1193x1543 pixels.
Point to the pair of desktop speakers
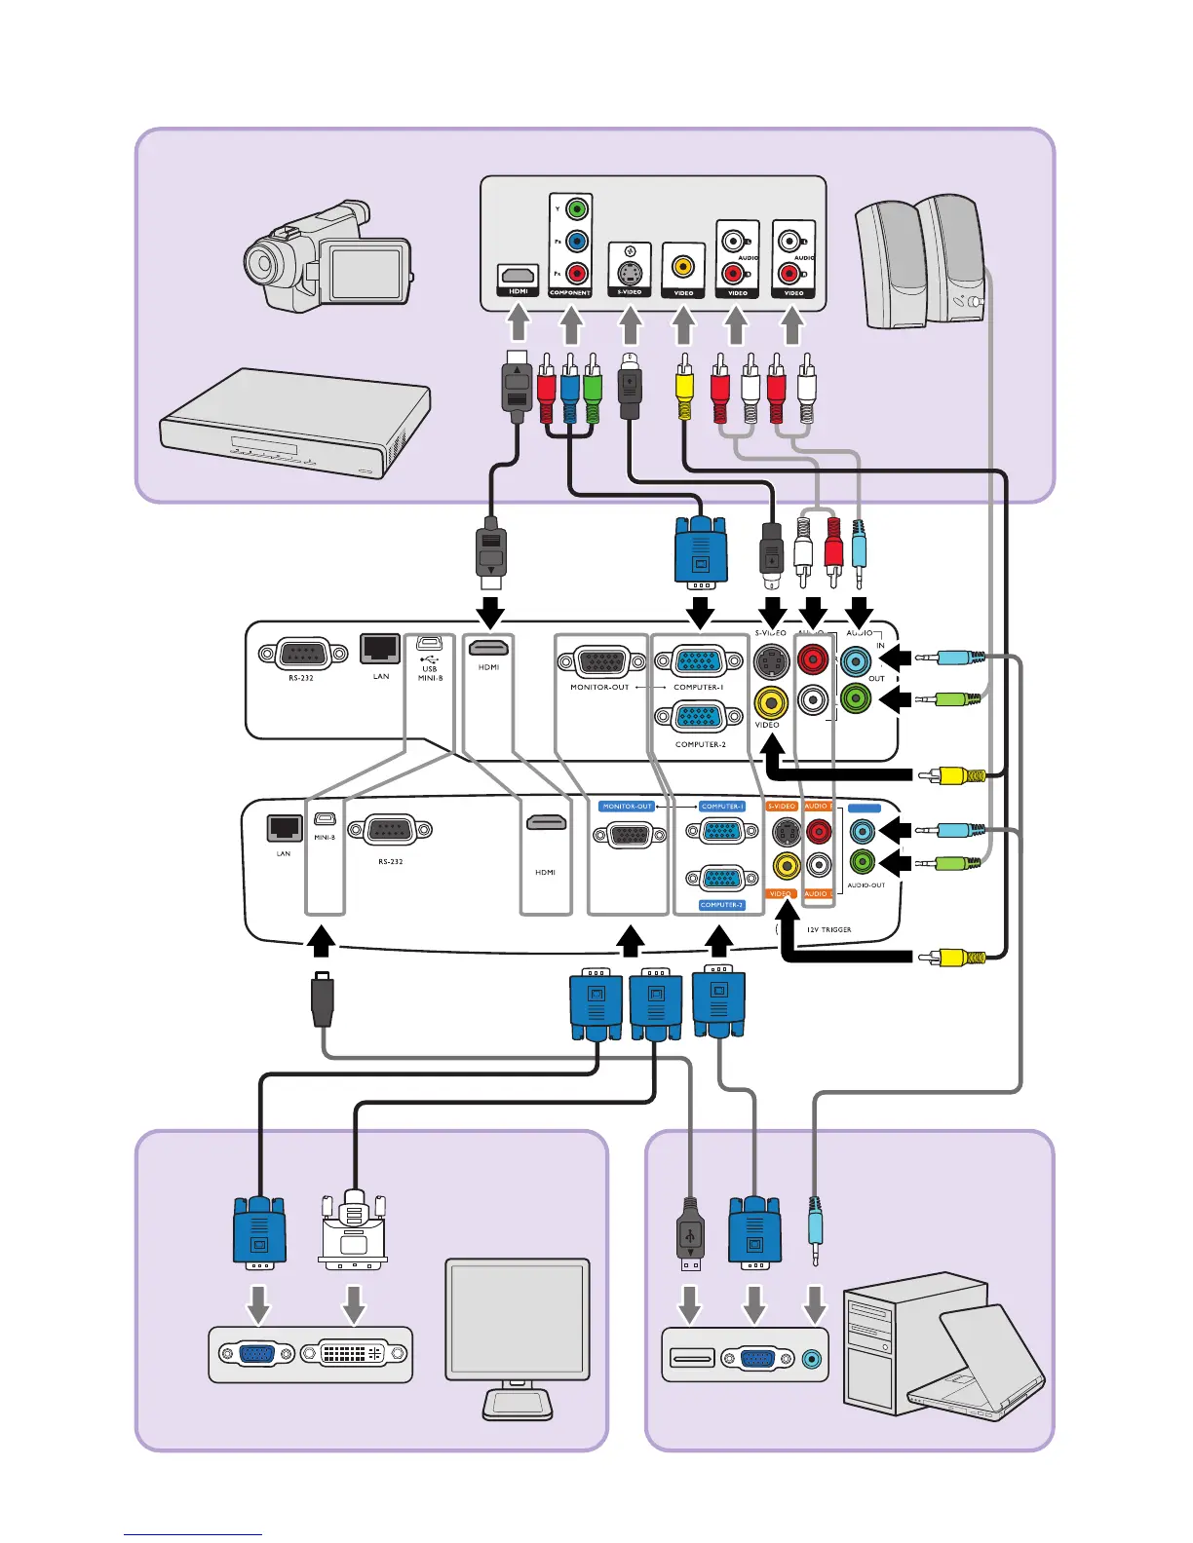pos(922,263)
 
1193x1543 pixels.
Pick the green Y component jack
pos(576,208)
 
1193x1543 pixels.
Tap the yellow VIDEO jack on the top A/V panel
pos(683,265)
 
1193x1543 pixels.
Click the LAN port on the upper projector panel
pos(380,648)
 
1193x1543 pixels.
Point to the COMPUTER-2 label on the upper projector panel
pos(700,744)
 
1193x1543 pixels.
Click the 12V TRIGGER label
pos(828,929)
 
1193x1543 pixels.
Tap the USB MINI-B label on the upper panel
pos(430,673)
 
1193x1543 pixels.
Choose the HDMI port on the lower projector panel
pos(546,823)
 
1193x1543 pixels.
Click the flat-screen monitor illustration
pos(517,1335)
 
